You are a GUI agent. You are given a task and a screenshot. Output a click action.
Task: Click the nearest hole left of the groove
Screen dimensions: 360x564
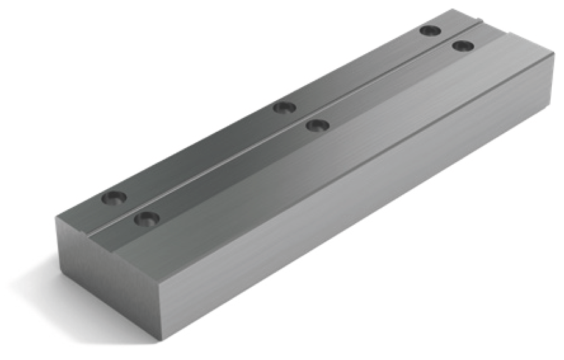click(114, 198)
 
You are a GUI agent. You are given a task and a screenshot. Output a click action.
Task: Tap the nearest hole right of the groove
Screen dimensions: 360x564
click(146, 218)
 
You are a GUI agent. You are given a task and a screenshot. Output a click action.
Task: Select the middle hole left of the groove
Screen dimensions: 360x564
click(284, 108)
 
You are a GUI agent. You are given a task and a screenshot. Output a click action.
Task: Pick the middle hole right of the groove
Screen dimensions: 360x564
click(318, 126)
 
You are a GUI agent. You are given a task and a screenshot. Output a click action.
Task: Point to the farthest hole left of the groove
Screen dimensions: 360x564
click(430, 31)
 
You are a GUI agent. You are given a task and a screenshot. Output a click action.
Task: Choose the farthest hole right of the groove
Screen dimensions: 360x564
click(463, 45)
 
